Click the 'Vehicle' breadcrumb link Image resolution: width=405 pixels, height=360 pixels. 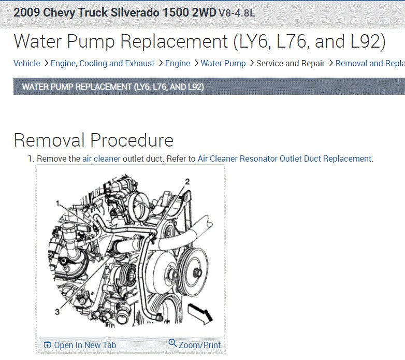click(27, 64)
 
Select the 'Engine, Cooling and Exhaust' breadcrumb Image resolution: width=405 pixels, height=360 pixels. click(103, 64)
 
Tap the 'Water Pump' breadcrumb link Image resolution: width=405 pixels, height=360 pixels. click(223, 64)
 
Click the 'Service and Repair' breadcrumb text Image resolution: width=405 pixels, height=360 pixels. click(291, 64)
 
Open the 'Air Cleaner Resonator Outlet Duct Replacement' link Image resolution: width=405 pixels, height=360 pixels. click(284, 159)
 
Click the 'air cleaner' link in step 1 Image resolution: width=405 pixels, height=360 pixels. click(102, 159)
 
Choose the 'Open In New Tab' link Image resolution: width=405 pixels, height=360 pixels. click(85, 345)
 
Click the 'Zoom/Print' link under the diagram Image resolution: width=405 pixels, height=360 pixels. click(200, 345)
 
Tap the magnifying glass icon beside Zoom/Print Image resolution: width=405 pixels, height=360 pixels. click(172, 343)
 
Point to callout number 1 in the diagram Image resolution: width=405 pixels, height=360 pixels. click(58, 204)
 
